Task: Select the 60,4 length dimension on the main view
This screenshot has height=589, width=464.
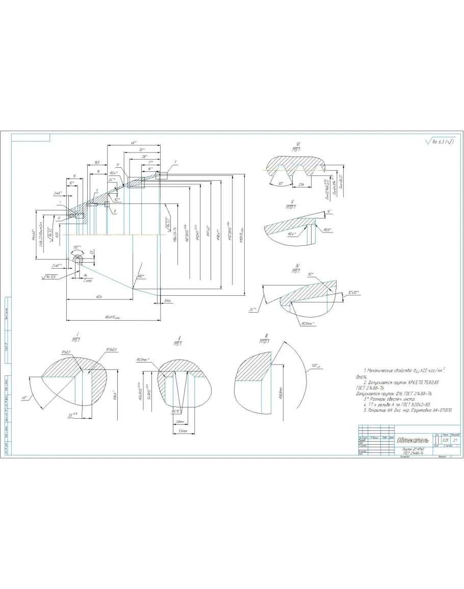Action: (97, 297)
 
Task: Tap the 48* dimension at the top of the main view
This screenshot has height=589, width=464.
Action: (134, 143)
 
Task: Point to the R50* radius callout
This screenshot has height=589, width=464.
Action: (141, 276)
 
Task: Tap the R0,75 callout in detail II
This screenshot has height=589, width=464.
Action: (176, 411)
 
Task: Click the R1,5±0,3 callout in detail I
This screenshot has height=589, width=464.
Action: (111, 349)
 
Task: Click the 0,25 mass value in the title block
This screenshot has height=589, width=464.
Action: (446, 440)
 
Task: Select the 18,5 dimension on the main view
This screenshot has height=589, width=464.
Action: (97, 163)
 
